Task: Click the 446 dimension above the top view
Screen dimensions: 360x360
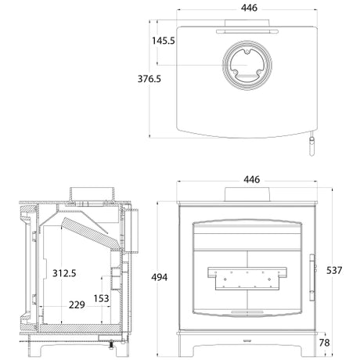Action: [249, 8]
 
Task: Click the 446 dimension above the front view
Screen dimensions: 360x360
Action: [252, 179]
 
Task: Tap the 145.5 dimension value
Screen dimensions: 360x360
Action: [164, 41]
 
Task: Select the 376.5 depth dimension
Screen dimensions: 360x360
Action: [149, 79]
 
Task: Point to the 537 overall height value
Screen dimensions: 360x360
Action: [334, 270]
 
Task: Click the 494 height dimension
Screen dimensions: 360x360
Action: [160, 277]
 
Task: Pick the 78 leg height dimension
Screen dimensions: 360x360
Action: [324, 343]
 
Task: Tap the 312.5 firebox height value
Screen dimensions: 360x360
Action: [64, 273]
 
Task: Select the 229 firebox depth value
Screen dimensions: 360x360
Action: [77, 304]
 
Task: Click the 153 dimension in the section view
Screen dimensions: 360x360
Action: [101, 298]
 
